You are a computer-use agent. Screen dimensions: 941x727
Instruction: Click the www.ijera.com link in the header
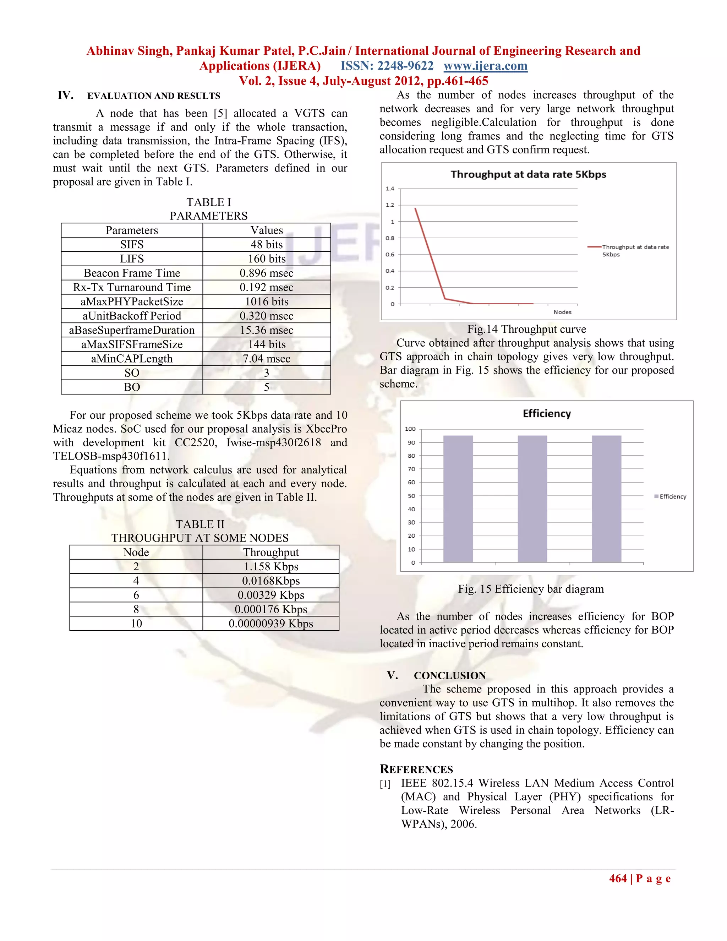click(485, 66)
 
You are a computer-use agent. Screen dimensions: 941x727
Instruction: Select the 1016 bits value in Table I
click(267, 301)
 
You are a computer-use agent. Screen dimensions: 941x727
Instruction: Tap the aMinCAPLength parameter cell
click(132, 359)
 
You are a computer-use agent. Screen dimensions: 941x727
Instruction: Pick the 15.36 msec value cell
click(267, 330)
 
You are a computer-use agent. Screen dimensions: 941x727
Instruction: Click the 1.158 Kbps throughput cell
click(271, 567)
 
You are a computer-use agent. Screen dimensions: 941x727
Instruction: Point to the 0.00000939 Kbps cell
click(271, 624)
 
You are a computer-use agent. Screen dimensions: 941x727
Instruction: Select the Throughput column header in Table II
click(271, 553)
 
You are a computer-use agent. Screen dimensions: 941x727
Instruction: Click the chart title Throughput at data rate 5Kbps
click(529, 174)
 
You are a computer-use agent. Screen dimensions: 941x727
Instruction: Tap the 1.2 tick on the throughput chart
click(390, 205)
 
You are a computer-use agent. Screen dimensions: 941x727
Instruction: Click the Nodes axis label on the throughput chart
click(563, 312)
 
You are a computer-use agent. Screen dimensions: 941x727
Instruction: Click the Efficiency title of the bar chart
click(547, 414)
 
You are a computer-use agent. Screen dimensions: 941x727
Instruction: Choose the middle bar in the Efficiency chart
click(532, 499)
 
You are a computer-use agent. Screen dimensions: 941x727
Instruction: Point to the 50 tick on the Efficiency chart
click(411, 496)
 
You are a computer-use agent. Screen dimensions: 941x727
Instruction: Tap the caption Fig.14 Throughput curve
click(526, 329)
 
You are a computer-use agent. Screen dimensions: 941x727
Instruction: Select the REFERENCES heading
click(416, 769)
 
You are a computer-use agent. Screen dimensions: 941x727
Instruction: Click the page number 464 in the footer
click(618, 879)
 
